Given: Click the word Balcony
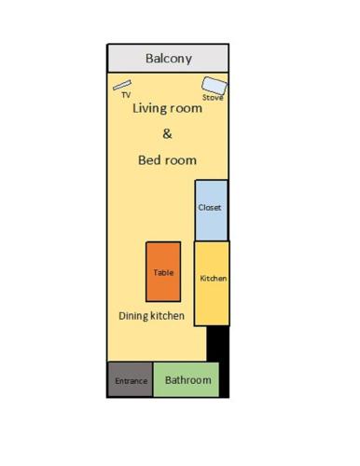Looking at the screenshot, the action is pyautogui.click(x=169, y=59).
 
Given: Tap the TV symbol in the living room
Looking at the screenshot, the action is pyautogui.click(x=122, y=85).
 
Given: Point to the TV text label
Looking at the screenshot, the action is pyautogui.click(x=126, y=95).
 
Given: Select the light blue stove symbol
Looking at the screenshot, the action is pyautogui.click(x=215, y=86).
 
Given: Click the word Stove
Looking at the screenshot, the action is pyautogui.click(x=213, y=98).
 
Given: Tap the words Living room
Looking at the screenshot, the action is pyautogui.click(x=167, y=108).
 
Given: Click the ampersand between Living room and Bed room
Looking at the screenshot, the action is pyautogui.click(x=167, y=134).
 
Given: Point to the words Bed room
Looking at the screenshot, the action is pyautogui.click(x=167, y=160).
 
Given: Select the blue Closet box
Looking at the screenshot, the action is pyautogui.click(x=212, y=211).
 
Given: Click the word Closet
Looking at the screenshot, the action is pyautogui.click(x=210, y=207).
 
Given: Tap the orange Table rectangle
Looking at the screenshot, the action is pyautogui.click(x=163, y=271).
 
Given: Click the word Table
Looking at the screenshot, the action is pyautogui.click(x=163, y=272).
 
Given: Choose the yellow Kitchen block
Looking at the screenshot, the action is pyautogui.click(x=212, y=283).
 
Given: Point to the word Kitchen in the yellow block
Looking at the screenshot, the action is pyautogui.click(x=213, y=279).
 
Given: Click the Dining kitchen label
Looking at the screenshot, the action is pyautogui.click(x=151, y=316).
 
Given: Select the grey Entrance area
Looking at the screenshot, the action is pyautogui.click(x=130, y=379).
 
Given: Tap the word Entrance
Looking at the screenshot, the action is pyautogui.click(x=132, y=381).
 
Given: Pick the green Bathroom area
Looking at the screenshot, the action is pyautogui.click(x=186, y=379).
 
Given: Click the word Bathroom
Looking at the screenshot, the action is pyautogui.click(x=188, y=380).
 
